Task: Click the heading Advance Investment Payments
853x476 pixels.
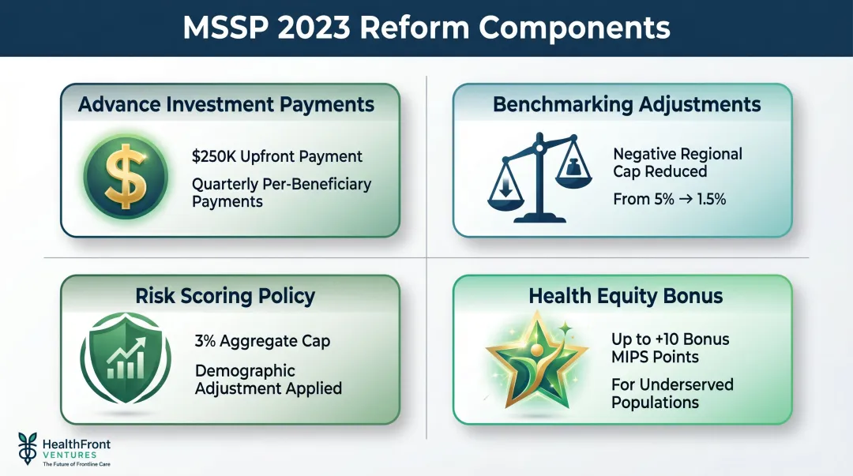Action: coord(226,104)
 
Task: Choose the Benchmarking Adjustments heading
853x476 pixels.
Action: coord(626,104)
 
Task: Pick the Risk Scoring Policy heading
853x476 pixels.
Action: coord(225,296)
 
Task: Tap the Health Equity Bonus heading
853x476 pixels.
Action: coord(626,296)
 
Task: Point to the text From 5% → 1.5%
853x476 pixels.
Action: coord(669,200)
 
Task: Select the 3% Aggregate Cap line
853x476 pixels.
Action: coord(262,342)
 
